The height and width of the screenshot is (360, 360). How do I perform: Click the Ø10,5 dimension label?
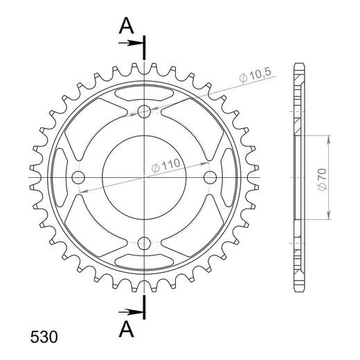coord(255,75)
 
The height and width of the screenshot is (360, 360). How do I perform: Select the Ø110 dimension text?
coord(165,165)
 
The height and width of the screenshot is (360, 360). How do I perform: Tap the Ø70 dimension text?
coord(323,179)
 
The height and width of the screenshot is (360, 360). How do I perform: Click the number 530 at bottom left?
coord(44,337)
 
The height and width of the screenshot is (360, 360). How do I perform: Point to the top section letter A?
coord(126,26)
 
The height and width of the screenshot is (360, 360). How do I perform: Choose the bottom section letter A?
coord(126,329)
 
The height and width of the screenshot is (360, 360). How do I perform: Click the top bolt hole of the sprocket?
coord(144,111)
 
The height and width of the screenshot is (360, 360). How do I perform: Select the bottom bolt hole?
coord(144,243)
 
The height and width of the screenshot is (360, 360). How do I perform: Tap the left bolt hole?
coord(78,177)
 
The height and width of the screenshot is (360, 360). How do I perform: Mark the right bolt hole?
coord(210,177)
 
